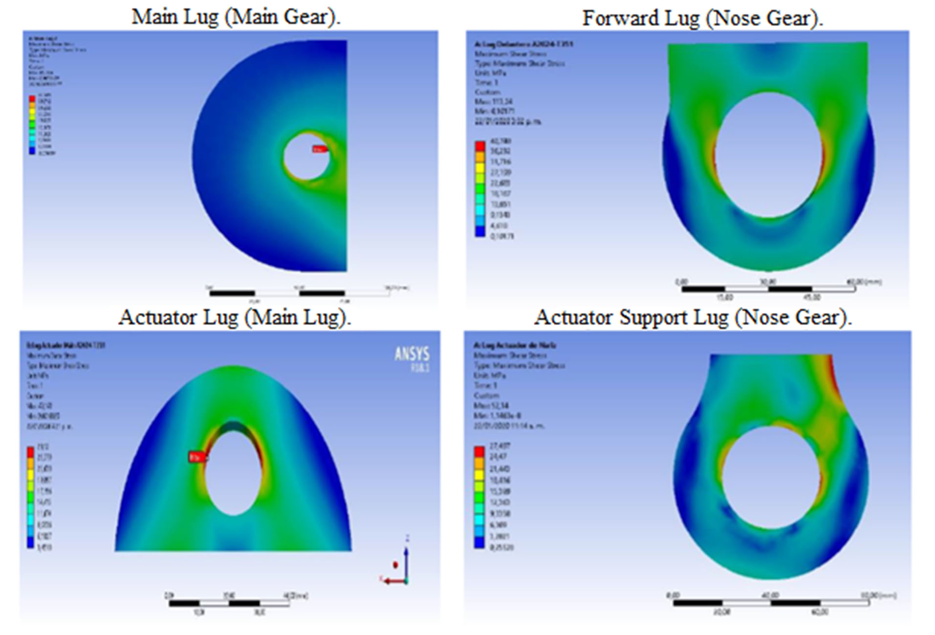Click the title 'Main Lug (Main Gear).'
pos(236,17)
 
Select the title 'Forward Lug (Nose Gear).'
pos(702,19)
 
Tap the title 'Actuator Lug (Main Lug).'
pos(235,317)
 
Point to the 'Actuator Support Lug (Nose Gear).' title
pos(693,317)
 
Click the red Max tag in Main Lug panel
pos(319,149)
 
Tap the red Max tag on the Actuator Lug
pos(197,457)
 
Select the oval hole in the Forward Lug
pos(768,154)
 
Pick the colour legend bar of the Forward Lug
pos(480,189)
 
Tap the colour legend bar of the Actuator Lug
pos(30,497)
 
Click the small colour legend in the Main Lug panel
pos(32,125)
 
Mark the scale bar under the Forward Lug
pos(768,289)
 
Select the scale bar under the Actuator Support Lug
pos(771,603)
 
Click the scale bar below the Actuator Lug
pos(229,603)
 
